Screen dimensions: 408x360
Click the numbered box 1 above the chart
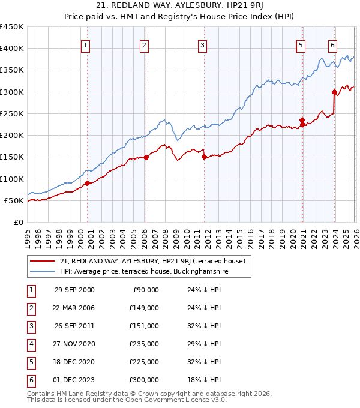point(86,44)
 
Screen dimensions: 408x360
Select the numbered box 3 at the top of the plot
point(203,44)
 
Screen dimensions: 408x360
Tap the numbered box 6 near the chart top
point(332,44)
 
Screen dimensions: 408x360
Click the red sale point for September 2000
point(88,183)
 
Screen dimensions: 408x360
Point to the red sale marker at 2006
point(146,158)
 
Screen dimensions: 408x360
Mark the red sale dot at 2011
point(204,157)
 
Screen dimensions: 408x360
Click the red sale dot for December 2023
point(334,92)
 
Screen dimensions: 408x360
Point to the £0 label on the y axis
point(19,222)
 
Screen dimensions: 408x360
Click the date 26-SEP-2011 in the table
point(74,326)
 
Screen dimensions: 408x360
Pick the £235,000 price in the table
point(144,344)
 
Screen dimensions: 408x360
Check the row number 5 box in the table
point(29,362)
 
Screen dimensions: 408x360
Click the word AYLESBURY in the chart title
point(174,7)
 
